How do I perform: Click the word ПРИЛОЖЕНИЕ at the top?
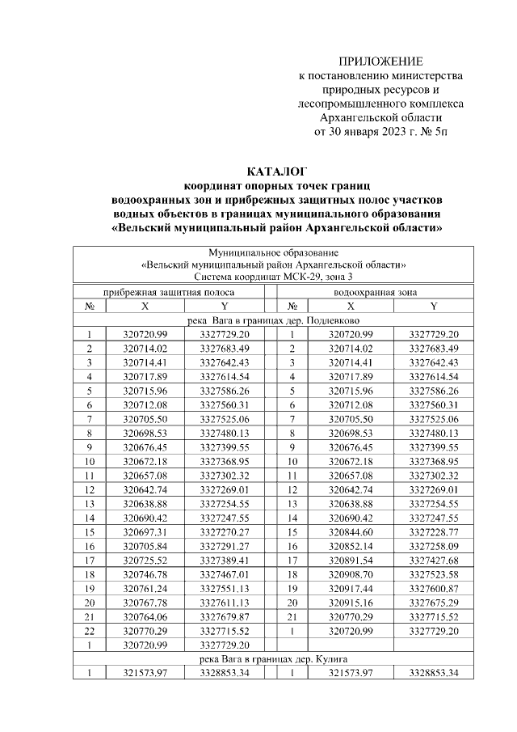click(380, 61)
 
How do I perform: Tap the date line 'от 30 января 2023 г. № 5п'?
click(380, 131)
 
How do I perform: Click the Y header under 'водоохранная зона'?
click(434, 307)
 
